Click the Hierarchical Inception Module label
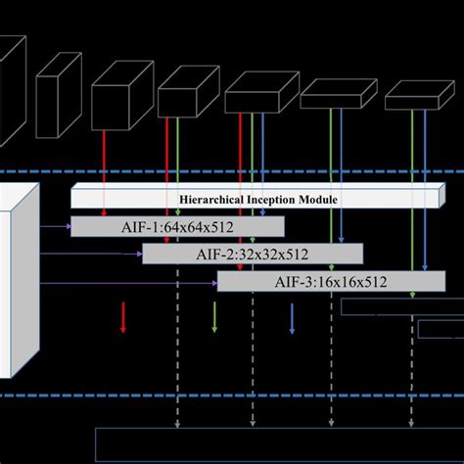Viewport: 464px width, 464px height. [x=258, y=199]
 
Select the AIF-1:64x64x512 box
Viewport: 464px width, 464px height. [x=177, y=227]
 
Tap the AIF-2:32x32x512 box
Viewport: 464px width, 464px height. [x=253, y=255]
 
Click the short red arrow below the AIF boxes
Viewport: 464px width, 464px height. [x=122, y=317]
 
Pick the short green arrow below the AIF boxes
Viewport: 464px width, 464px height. [x=214, y=317]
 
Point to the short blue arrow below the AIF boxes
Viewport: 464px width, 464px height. [x=292, y=317]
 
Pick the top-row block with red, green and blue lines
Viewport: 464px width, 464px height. [x=254, y=98]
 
